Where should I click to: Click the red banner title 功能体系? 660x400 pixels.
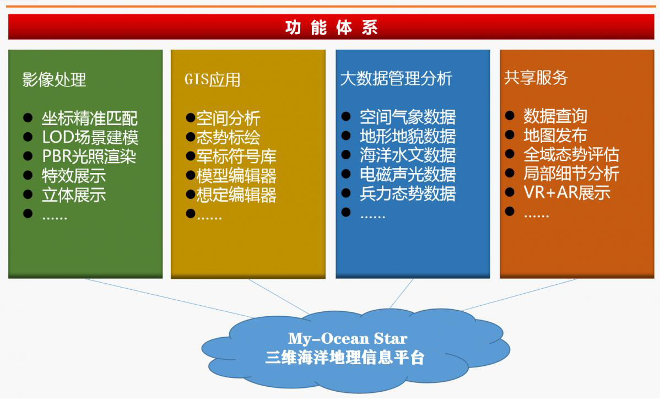click(x=331, y=28)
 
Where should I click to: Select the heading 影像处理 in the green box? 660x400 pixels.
click(x=55, y=79)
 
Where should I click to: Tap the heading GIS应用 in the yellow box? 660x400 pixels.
click(x=213, y=79)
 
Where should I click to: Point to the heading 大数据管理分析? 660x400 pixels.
click(x=396, y=78)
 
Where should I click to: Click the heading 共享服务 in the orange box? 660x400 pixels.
click(x=536, y=78)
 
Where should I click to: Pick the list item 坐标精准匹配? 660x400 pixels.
click(x=90, y=118)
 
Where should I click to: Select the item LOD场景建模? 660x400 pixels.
click(x=90, y=137)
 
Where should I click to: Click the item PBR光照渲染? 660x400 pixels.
click(x=89, y=156)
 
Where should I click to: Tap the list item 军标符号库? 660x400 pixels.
click(x=236, y=156)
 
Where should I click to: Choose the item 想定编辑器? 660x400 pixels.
click(x=236, y=195)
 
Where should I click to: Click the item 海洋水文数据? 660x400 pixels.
click(x=408, y=155)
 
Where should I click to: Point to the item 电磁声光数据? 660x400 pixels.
click(x=408, y=174)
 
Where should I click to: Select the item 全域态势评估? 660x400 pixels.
click(x=571, y=154)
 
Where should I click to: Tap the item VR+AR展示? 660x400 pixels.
click(x=567, y=192)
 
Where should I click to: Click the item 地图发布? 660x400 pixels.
click(x=555, y=135)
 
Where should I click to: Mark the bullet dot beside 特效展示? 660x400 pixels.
click(x=28, y=175)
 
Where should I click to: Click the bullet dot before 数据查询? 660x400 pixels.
click(x=509, y=115)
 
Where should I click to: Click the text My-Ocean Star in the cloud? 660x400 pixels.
click(x=348, y=338)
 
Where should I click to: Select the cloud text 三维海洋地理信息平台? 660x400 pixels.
click(x=345, y=358)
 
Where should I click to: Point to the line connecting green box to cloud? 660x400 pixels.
click(x=169, y=298)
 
